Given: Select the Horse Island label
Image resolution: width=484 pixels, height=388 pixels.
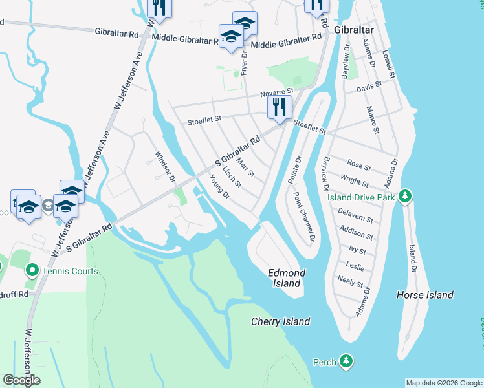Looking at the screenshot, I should pos(424,295).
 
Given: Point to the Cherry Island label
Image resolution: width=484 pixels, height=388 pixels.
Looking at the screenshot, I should pos(280,321).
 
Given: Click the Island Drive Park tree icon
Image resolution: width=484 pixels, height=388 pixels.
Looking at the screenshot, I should pos(404,196).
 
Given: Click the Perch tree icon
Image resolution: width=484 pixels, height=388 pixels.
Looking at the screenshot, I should pos(347,361).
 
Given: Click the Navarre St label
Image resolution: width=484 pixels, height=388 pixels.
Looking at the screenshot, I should pos(277,92).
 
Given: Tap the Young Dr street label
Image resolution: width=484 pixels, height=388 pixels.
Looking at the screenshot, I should pos(220,188).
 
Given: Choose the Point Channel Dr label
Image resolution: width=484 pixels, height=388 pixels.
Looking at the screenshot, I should pos(303,217).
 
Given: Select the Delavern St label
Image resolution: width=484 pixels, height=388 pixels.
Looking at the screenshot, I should pos(357,215).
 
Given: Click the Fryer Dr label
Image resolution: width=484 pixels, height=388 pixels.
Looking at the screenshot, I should pos(245,64).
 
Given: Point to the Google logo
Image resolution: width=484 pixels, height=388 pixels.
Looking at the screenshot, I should pos(21,380).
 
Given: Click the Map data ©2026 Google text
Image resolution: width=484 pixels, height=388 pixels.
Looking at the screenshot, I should pos(444,383).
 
